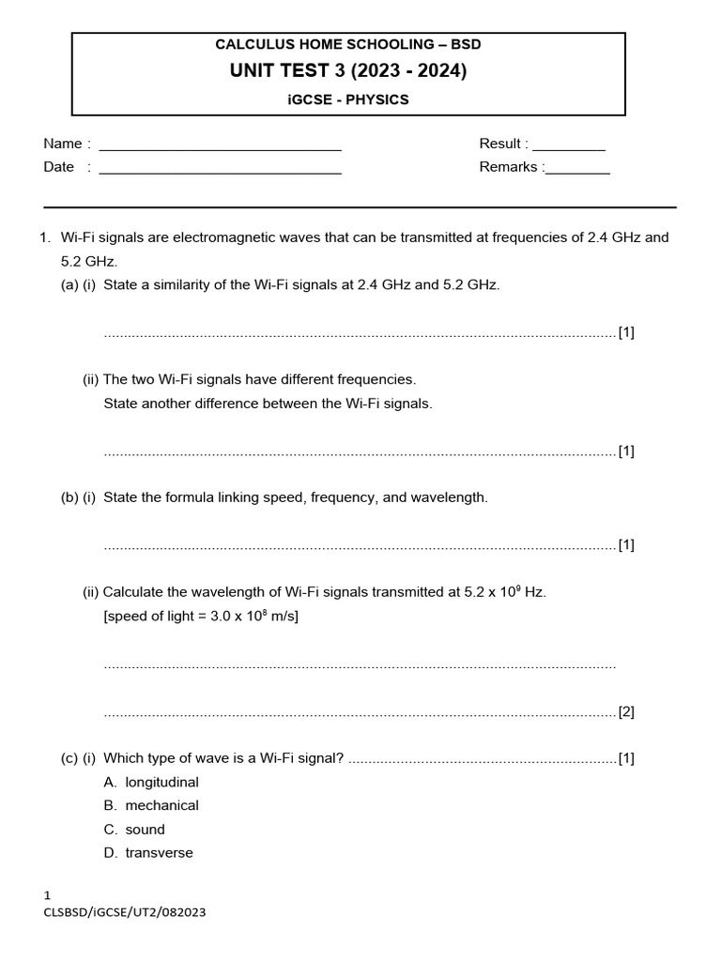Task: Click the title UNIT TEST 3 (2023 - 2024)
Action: coord(348,71)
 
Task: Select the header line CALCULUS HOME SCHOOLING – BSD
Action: coord(348,44)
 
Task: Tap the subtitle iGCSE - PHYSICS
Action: coord(348,99)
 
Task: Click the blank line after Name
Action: coord(220,146)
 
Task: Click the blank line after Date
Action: coord(220,170)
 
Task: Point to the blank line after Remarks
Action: coord(577,170)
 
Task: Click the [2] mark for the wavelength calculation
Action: coord(626,712)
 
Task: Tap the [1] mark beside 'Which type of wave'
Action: coord(626,758)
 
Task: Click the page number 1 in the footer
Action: coord(47,896)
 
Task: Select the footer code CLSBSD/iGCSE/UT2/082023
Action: coord(125,912)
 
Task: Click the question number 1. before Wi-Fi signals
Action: coord(45,237)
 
